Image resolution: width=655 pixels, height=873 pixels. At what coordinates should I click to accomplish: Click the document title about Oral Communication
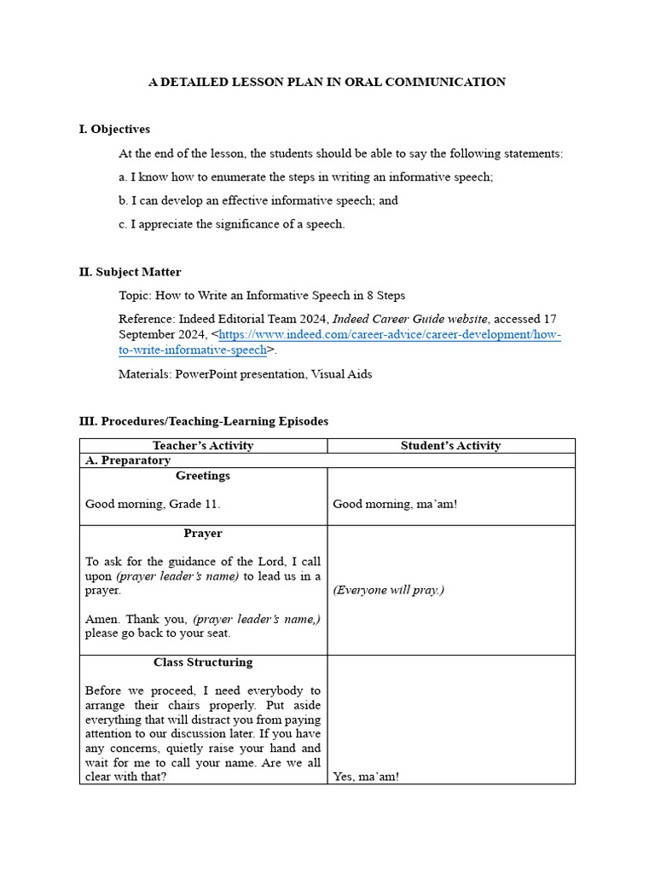(327, 82)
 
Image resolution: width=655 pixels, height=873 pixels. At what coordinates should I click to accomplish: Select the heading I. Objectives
(114, 129)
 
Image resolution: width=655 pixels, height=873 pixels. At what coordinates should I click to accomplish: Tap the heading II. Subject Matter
(130, 272)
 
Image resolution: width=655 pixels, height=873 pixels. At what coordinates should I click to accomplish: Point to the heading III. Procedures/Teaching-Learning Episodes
(203, 421)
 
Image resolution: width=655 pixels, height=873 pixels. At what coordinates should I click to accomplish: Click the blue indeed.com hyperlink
(389, 335)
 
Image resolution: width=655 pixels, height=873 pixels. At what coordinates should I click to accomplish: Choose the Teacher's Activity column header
(203, 445)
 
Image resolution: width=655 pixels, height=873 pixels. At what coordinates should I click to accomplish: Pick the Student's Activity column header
(450, 445)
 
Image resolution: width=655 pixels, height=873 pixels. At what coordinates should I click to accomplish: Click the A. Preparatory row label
(128, 460)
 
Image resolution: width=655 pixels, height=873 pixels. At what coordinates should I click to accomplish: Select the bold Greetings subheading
(203, 476)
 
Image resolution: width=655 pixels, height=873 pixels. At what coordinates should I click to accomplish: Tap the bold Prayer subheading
(203, 534)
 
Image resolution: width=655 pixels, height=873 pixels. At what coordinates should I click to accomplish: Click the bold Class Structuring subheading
(203, 662)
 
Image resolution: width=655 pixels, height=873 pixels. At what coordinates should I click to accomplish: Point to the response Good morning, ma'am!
(395, 504)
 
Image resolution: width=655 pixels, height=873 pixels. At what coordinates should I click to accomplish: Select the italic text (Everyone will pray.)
(388, 590)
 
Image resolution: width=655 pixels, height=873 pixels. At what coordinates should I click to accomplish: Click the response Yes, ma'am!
(366, 777)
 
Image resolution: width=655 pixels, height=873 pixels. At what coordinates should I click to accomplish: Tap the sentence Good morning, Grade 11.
(153, 504)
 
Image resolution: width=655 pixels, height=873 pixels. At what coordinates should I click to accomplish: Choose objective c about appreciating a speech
(232, 224)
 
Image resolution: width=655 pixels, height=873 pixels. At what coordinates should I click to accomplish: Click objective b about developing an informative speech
(258, 200)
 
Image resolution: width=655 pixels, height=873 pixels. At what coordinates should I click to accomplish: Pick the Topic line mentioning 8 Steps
(262, 295)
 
